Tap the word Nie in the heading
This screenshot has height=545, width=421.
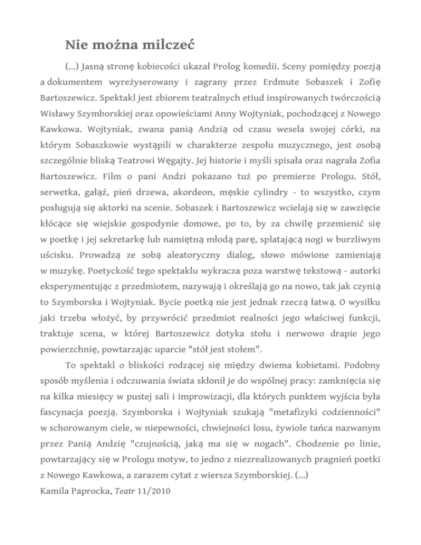tap(76, 43)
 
